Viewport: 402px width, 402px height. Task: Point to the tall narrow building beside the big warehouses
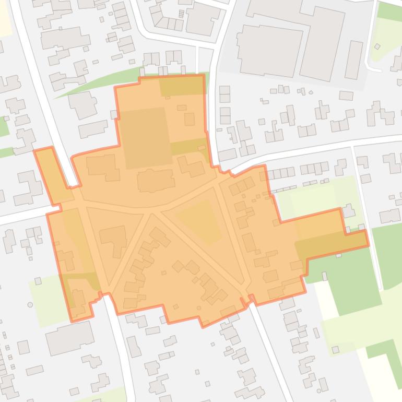coord(354,60)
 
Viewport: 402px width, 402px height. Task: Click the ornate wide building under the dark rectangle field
coord(156,181)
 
